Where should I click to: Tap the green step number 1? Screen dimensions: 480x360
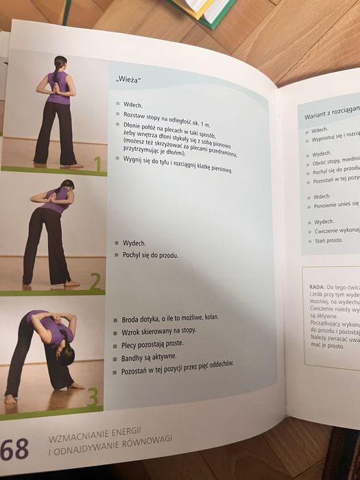(97, 163)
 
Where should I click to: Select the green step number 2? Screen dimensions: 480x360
(95, 280)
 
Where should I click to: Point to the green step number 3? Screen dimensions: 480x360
(92, 397)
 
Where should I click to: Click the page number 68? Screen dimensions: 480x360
(14, 450)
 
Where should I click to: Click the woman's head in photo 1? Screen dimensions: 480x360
(60, 62)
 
